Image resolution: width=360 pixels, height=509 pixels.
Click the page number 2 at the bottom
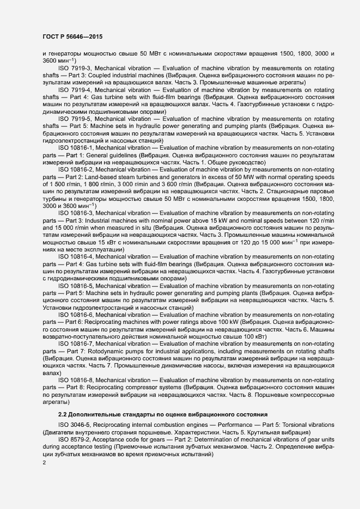[x=44, y=463]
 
